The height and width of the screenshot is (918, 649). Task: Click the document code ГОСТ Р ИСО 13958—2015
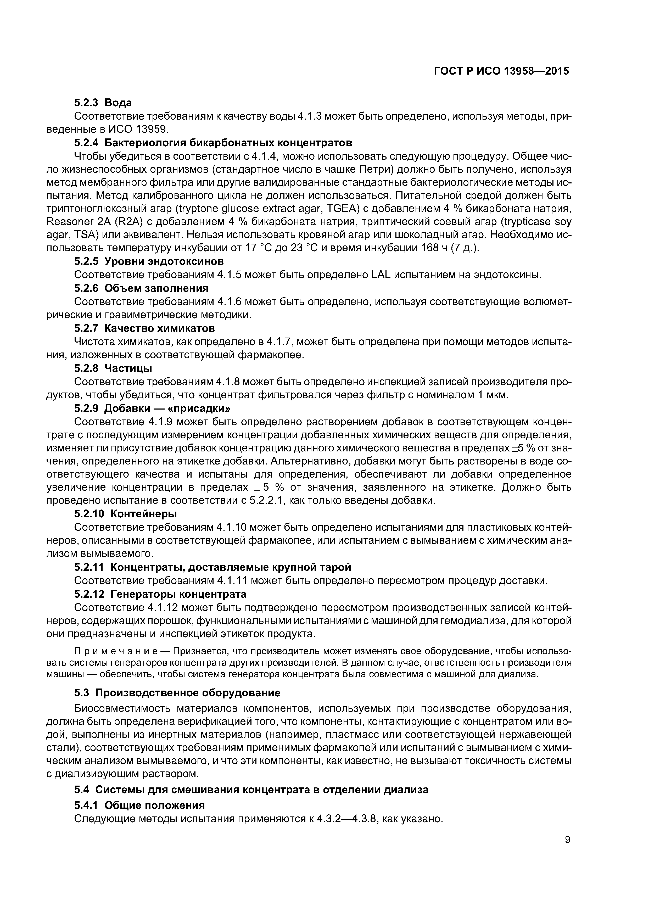[x=501, y=71]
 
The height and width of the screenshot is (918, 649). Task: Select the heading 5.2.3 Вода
[x=103, y=103]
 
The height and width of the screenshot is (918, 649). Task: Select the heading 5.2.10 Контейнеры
[x=126, y=513]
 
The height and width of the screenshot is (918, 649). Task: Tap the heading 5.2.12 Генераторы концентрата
[x=160, y=594]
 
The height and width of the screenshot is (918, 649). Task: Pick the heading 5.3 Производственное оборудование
[x=177, y=693]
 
